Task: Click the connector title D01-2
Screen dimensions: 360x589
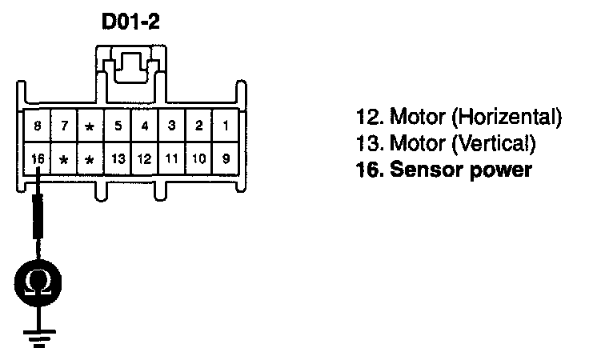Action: tap(130, 22)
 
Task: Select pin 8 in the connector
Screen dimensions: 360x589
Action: tap(37, 126)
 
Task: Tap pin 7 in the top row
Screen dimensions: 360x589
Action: tap(63, 126)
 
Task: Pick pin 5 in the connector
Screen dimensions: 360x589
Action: tap(118, 126)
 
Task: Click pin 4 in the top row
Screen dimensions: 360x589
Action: tap(145, 126)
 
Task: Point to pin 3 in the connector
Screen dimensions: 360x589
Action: tap(172, 126)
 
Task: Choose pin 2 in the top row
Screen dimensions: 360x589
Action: tap(199, 126)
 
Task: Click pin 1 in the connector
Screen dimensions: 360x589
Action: tap(226, 126)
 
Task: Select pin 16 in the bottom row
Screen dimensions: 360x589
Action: tap(37, 158)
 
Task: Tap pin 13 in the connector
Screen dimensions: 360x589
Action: tap(118, 158)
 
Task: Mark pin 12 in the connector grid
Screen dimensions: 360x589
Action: tap(145, 158)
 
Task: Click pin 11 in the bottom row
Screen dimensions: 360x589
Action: tap(172, 158)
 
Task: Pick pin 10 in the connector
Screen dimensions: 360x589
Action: tap(199, 158)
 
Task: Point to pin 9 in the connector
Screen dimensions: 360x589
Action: tap(226, 158)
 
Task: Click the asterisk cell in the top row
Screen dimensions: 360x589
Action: tap(90, 126)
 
